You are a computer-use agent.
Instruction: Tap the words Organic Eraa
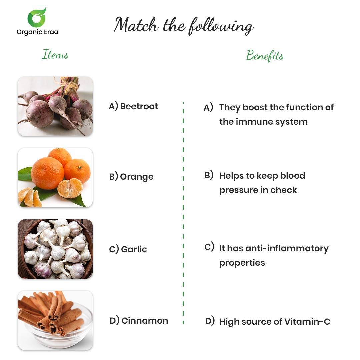pos(37,32)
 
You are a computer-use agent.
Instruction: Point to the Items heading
pos(55,54)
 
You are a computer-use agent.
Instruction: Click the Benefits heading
pos(265,56)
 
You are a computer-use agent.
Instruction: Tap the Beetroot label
pos(139,106)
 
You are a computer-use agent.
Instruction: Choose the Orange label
pos(137,177)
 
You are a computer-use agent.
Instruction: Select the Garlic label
pos(134,249)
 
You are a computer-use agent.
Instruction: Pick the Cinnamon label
pos(145,321)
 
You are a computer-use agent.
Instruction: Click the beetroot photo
pos(55,106)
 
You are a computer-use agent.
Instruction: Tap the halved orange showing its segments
pos(70,188)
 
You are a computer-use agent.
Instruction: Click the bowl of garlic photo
pos(55,249)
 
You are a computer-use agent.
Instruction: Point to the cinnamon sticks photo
pos(55,320)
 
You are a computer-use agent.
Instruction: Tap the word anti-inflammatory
pos(287,248)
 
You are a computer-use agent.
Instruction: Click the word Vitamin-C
pos(307,321)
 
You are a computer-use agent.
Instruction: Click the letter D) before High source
pos(210,321)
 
